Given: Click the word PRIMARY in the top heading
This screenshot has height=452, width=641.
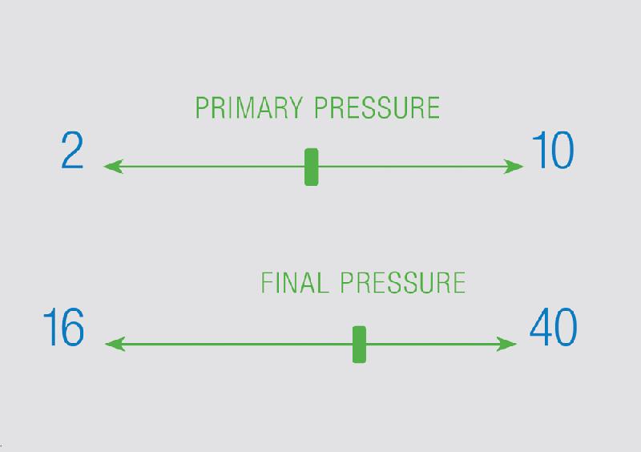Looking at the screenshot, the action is click(x=249, y=107).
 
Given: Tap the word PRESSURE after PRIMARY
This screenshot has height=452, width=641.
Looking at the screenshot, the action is click(x=377, y=107).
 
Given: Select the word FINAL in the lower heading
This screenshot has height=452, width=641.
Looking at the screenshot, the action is click(x=295, y=282).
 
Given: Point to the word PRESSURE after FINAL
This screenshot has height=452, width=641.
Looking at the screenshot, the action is click(x=403, y=282).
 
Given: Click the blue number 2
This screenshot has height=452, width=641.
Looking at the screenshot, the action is click(x=72, y=150).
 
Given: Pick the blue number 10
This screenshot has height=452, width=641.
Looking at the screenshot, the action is click(x=553, y=150).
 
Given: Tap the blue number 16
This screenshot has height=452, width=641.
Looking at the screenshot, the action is click(x=64, y=327).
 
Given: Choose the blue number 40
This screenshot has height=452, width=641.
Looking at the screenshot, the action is click(x=553, y=327).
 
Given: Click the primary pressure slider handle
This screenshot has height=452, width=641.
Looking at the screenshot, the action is click(x=312, y=167).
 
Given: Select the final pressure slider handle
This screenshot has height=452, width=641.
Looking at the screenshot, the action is click(x=359, y=345).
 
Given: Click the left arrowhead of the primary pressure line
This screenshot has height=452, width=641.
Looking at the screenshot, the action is click(x=113, y=167).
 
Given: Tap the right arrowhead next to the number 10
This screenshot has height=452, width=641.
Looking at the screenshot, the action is click(x=514, y=167).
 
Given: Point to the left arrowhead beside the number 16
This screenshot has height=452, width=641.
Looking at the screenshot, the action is click(x=115, y=344).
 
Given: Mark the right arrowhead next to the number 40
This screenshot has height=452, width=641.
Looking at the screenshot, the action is click(x=507, y=344).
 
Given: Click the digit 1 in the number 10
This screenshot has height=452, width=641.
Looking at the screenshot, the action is click(x=538, y=150).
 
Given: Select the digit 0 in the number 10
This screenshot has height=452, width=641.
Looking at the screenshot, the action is click(x=562, y=150).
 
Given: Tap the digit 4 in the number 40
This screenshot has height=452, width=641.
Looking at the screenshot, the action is click(x=541, y=327).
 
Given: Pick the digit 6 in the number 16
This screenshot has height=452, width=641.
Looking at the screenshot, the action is click(x=73, y=327).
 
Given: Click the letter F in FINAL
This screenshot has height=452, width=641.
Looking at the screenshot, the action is click(x=268, y=282).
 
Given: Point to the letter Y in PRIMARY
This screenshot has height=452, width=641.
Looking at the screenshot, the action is click(x=294, y=107).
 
